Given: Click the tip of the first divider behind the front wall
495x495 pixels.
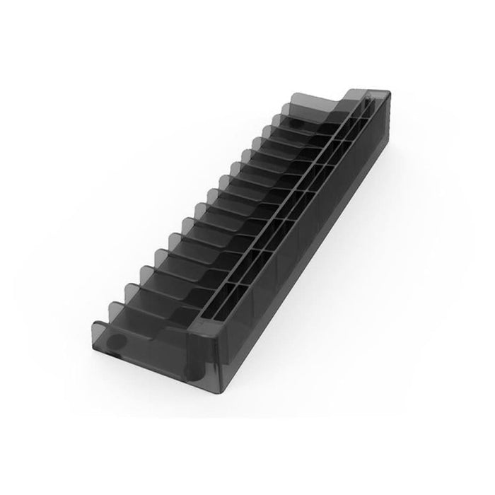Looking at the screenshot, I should point(112,303).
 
